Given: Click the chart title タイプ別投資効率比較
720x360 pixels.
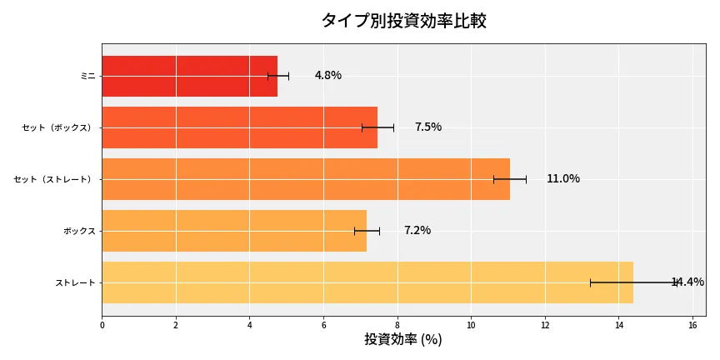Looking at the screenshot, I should tap(403, 21).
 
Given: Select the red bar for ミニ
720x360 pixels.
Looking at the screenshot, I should tap(189, 76).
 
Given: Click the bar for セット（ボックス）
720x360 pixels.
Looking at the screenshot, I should tap(239, 127).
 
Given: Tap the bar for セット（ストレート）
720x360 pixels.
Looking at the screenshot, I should tap(305, 179).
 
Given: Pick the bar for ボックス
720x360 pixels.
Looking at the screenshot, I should tap(233, 231).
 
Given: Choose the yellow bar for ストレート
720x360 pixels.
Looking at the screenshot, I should tap(367, 282).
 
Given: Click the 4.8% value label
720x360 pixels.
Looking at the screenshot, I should tap(327, 76).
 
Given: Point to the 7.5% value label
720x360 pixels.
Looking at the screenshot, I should tap(427, 127).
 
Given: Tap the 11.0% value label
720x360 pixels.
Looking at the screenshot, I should tap(562, 179).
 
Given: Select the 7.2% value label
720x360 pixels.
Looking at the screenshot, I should tap(417, 231).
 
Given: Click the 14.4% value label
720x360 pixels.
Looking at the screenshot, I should tap(687, 282).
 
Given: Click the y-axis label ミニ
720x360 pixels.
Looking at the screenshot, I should tap(87, 76).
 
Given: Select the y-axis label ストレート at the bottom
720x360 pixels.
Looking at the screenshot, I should tap(75, 283).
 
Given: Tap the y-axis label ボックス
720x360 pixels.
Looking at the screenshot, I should tap(79, 231).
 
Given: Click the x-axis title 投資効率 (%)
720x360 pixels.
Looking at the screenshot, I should tap(403, 340).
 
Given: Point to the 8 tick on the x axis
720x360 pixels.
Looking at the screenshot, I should tap(397, 325).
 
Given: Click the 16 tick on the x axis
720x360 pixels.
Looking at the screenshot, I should tap(692, 325).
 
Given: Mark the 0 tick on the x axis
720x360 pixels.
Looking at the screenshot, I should tap(102, 325).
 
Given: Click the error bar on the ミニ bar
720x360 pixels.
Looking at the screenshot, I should tap(278, 76).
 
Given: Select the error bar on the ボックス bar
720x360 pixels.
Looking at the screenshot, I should tap(367, 231).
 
